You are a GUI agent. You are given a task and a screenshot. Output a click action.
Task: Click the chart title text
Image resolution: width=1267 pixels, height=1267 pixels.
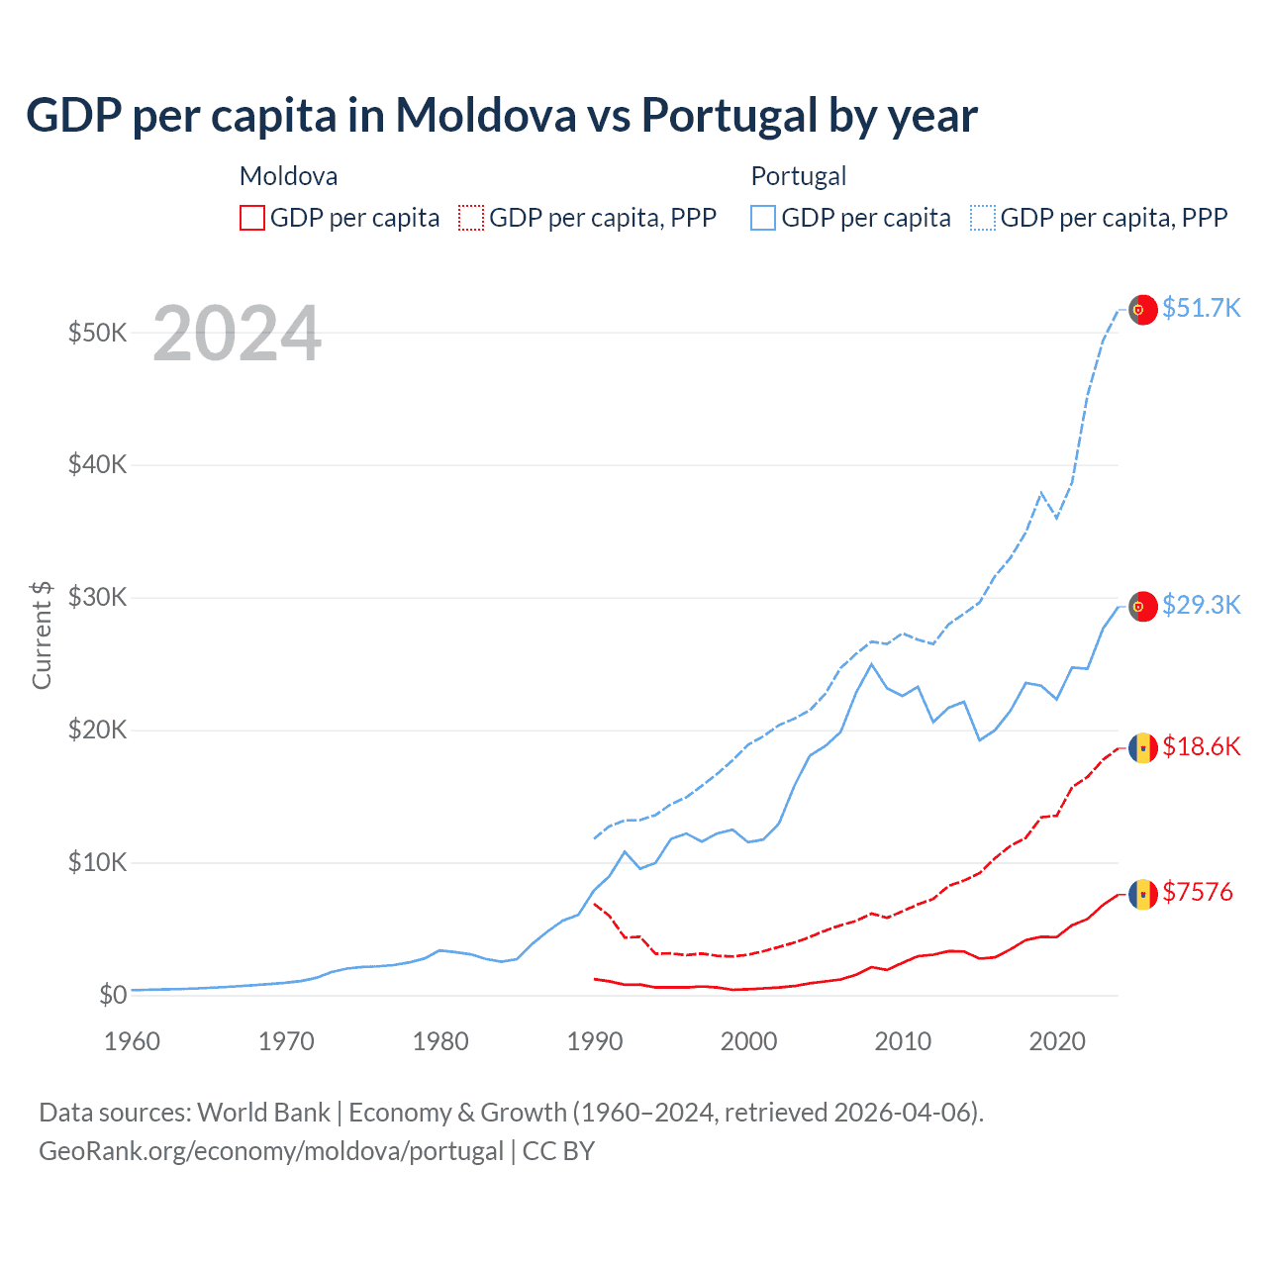click(502, 116)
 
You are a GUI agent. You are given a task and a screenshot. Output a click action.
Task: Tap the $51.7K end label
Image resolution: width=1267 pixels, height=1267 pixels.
click(1201, 308)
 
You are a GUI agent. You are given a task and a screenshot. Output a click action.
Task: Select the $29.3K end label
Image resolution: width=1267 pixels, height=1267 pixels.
click(1201, 605)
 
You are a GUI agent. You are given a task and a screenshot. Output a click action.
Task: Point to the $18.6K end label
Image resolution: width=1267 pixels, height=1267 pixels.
click(1201, 746)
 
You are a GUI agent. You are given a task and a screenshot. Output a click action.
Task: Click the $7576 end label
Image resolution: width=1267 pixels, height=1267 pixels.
click(1197, 892)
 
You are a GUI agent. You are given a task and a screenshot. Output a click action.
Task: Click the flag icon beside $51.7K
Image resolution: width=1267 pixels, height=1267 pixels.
click(1143, 309)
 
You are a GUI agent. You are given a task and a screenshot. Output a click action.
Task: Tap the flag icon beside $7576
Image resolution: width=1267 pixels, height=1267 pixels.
click(1143, 894)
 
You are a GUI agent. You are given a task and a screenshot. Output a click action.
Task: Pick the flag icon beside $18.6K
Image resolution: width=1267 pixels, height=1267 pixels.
click(1143, 748)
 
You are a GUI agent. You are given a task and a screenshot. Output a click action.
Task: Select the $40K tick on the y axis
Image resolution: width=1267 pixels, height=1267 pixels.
click(97, 464)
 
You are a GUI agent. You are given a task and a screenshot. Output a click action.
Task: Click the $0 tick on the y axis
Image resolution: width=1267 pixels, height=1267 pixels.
click(113, 995)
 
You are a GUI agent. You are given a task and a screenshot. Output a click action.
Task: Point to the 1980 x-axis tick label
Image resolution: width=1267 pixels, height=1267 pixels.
click(440, 1041)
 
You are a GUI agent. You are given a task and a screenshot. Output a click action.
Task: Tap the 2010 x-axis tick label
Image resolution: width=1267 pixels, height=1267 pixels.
click(903, 1041)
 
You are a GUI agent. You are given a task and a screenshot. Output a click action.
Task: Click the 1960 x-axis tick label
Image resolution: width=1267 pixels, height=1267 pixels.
click(133, 1041)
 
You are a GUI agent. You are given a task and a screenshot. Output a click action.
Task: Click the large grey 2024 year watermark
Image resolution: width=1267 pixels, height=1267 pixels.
click(238, 334)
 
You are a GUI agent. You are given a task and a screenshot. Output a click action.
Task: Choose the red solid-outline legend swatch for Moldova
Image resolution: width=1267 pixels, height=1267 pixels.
click(252, 218)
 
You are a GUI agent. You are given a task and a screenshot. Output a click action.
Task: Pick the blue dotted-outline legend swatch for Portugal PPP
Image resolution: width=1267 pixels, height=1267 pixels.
click(983, 218)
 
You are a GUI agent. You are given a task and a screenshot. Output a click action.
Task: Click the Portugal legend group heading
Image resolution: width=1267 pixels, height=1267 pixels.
click(798, 176)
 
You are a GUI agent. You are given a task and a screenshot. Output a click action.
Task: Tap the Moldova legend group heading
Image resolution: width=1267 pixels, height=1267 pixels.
click(288, 176)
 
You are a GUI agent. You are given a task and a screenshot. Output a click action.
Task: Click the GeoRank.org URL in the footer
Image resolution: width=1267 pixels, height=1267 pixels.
click(271, 1151)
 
